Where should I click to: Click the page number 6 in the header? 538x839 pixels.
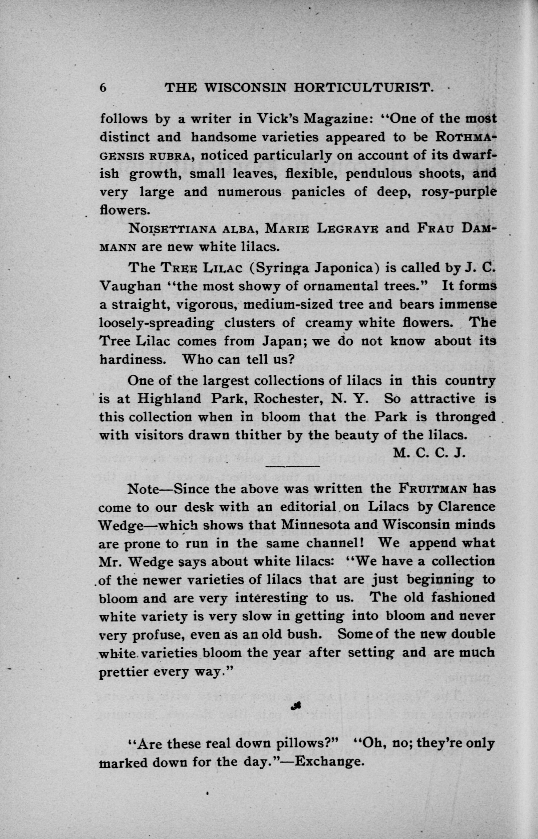tap(103, 88)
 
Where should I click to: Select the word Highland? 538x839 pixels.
tap(170, 399)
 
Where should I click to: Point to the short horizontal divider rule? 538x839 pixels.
tap(293, 466)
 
